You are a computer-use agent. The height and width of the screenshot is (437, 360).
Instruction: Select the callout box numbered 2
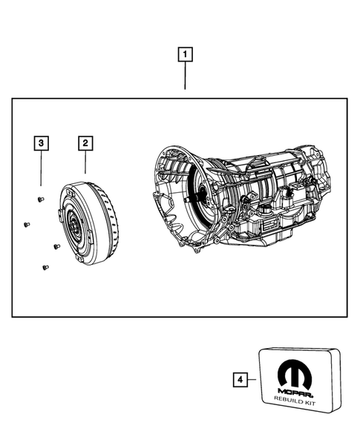(85, 142)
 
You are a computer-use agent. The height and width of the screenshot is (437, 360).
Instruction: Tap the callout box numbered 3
(41, 142)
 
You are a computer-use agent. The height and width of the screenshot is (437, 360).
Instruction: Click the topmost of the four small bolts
(40, 198)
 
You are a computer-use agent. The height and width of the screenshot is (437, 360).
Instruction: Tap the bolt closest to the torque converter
(56, 246)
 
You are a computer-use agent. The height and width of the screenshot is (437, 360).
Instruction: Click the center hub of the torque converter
(74, 224)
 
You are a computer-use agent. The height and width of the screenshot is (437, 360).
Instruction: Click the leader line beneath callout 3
(41, 167)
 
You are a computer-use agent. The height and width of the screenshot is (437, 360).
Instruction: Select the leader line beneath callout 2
(85, 163)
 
